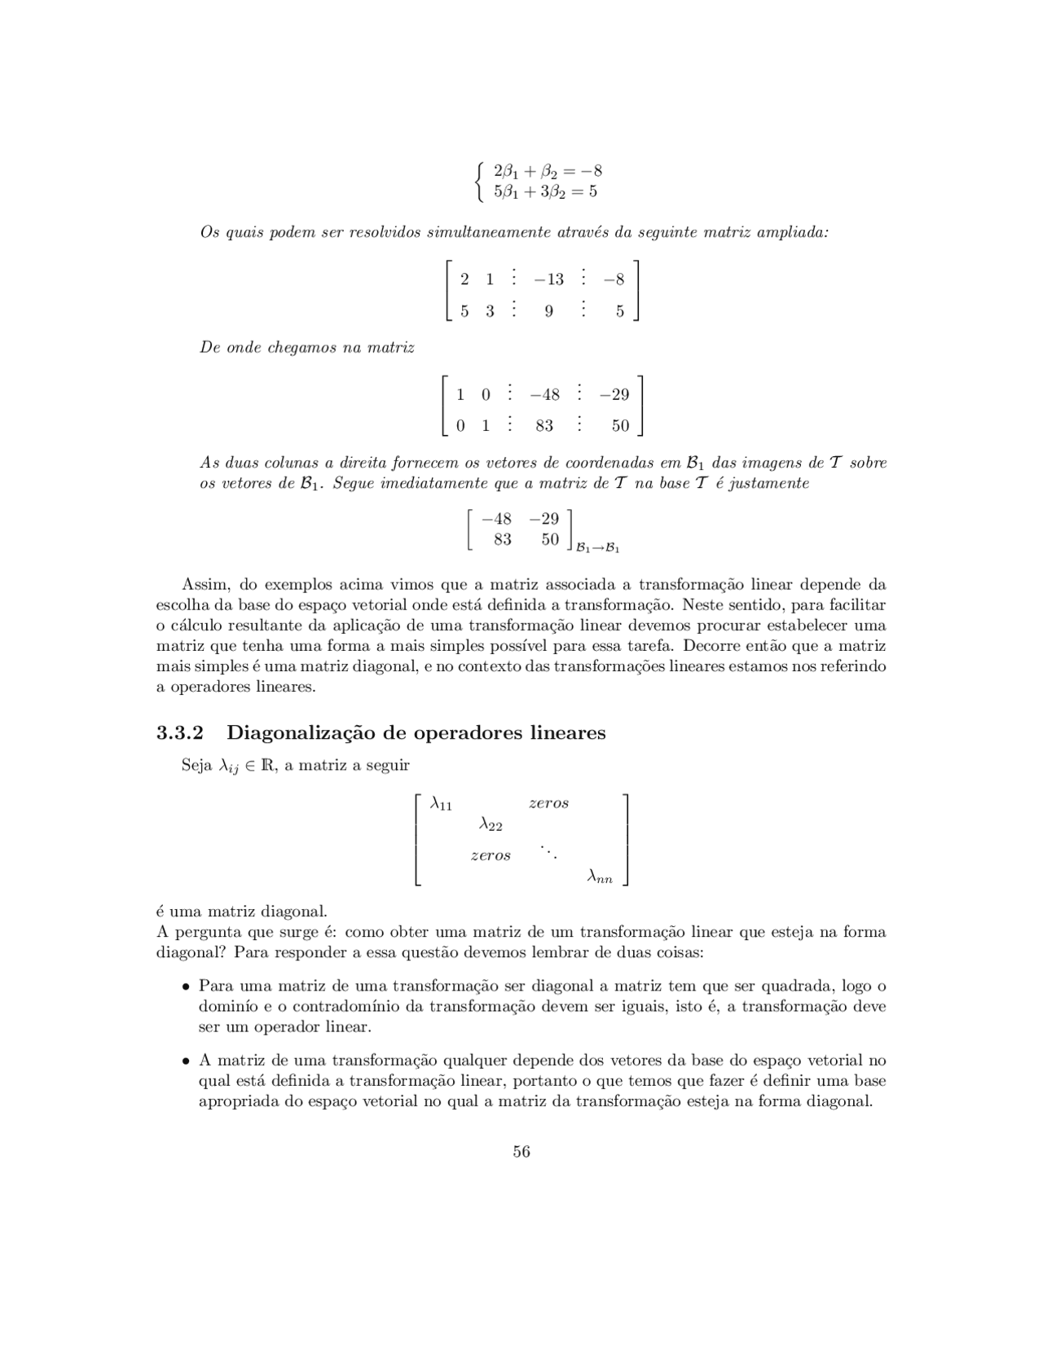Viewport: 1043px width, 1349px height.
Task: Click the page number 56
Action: [x=521, y=1151]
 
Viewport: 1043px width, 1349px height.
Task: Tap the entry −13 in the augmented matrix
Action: [x=548, y=279]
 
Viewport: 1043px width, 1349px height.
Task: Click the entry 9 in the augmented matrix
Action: [x=548, y=311]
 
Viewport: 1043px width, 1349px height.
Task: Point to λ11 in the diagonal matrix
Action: [x=441, y=804]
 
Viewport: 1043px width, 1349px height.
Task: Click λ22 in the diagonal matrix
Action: [x=491, y=825]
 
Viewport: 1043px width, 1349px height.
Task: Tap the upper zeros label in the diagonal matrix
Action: [x=548, y=803]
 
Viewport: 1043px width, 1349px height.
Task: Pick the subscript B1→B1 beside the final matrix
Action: [x=598, y=548]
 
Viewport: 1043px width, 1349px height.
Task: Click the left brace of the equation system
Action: [x=481, y=182]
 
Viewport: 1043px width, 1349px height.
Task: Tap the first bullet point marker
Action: [x=187, y=986]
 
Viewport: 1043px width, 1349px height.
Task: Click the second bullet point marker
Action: [x=187, y=1061]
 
